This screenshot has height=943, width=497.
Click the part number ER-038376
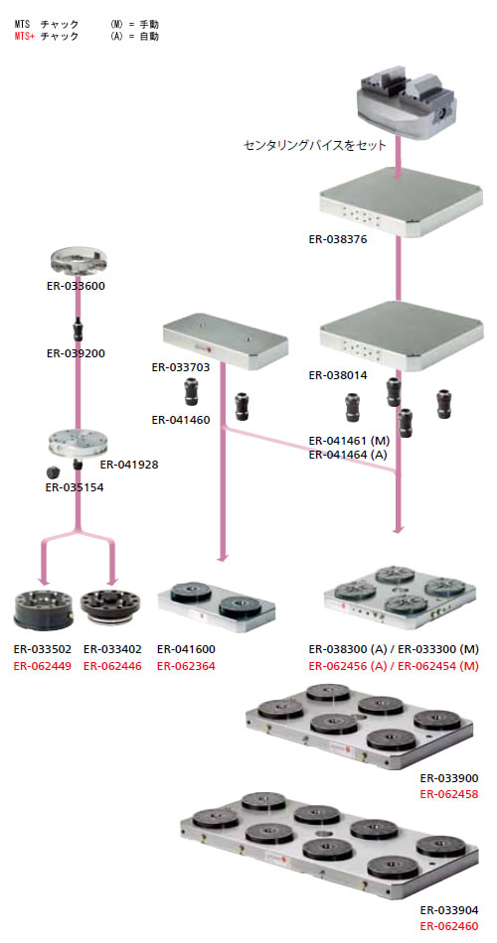[338, 239]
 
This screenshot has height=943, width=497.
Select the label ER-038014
[338, 375]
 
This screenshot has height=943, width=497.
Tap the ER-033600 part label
[76, 286]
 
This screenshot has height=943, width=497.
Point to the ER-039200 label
[76, 353]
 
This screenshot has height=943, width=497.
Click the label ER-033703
[181, 367]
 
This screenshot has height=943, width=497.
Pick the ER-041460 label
[181, 420]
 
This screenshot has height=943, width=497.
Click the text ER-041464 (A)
[348, 455]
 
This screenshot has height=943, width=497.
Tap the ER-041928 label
[129, 465]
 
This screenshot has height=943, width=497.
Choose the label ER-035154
[75, 487]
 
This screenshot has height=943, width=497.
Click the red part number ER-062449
[43, 666]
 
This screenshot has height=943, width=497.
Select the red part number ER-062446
[112, 666]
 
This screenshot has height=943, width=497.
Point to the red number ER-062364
[186, 666]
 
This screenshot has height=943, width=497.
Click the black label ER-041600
[186, 649]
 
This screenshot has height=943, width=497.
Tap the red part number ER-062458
[449, 794]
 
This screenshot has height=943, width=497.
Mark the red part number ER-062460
[449, 927]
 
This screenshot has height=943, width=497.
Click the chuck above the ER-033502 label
[44, 609]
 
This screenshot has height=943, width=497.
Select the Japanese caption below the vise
[314, 146]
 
